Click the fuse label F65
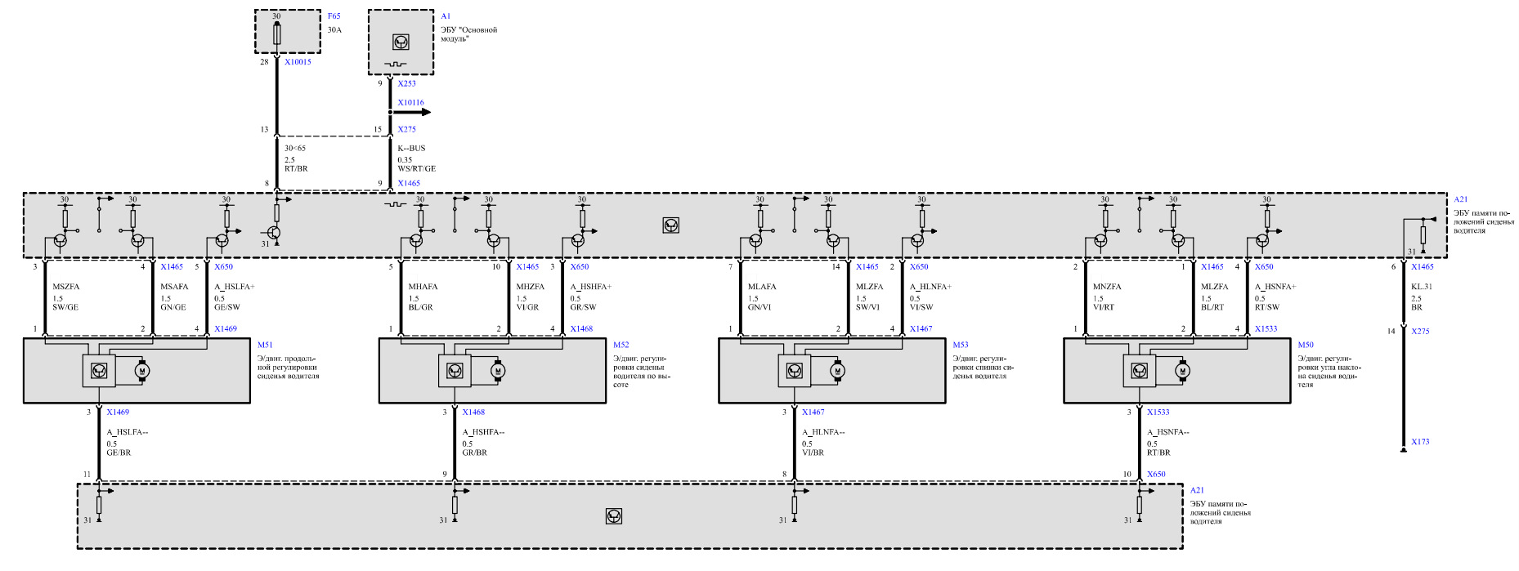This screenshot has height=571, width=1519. (x=334, y=16)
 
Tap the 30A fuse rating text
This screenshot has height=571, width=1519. (x=334, y=30)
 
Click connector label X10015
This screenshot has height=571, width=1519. (x=298, y=62)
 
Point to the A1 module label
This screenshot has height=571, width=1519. (x=446, y=16)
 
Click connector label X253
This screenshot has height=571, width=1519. (x=406, y=83)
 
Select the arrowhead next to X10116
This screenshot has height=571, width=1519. (x=425, y=112)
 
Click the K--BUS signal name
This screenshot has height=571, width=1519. (x=411, y=149)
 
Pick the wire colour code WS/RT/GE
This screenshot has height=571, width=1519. (x=416, y=169)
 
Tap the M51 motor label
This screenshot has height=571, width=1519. (x=265, y=346)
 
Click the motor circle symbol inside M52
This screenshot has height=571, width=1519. (x=497, y=372)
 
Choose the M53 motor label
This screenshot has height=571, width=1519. (x=960, y=346)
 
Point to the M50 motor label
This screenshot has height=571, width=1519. (x=1305, y=346)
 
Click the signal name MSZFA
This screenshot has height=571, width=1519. (x=66, y=287)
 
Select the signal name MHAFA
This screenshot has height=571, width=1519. (x=423, y=287)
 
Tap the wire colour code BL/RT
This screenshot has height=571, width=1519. (x=1212, y=308)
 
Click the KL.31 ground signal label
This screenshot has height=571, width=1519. (x=1422, y=287)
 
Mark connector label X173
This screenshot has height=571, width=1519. (x=1420, y=442)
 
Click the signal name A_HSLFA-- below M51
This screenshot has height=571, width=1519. (x=128, y=432)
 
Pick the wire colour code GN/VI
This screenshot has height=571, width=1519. (x=759, y=308)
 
